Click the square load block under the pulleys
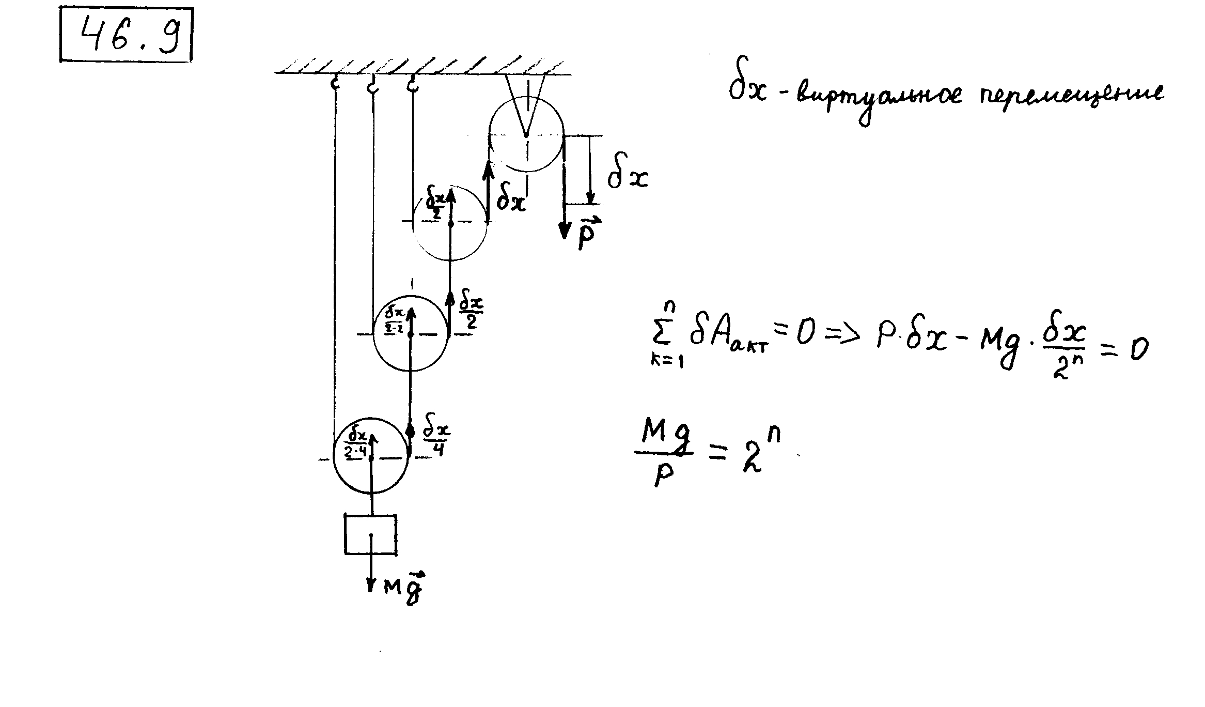tap(371, 534)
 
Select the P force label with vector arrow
tap(586, 234)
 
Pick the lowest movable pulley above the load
tap(371, 457)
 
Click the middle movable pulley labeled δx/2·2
tap(411, 333)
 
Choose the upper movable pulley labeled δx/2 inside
tap(450, 223)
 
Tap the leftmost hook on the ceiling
tap(335, 83)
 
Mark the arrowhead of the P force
tap(565, 230)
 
